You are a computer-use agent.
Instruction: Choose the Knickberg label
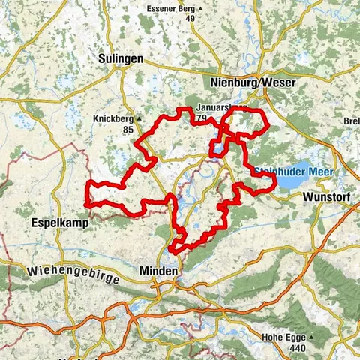(x=113, y=118)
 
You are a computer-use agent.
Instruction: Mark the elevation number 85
(x=115, y=129)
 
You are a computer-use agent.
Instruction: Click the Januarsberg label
(x=217, y=107)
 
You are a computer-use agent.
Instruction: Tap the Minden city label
(x=159, y=269)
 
